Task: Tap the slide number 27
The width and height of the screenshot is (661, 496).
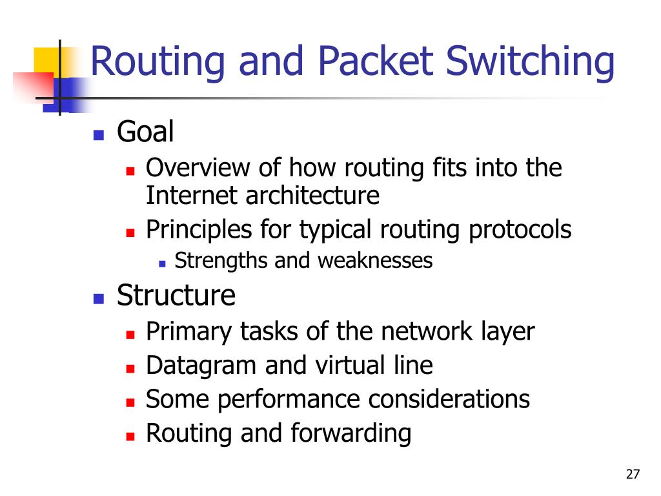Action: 633,475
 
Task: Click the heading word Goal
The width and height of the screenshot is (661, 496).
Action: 145,133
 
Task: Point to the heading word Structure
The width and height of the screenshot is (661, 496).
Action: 176,296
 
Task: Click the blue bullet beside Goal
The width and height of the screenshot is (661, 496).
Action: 99,135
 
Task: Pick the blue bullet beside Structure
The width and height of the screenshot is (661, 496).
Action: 99,298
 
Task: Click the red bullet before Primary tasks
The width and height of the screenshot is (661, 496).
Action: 130,335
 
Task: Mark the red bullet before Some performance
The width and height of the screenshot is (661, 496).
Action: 130,402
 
